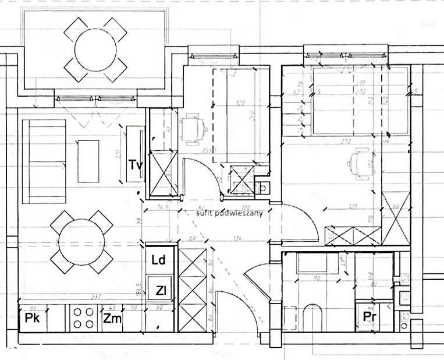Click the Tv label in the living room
(136, 165)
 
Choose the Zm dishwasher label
(112, 318)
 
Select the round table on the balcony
(95, 47)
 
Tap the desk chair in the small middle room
(195, 129)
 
